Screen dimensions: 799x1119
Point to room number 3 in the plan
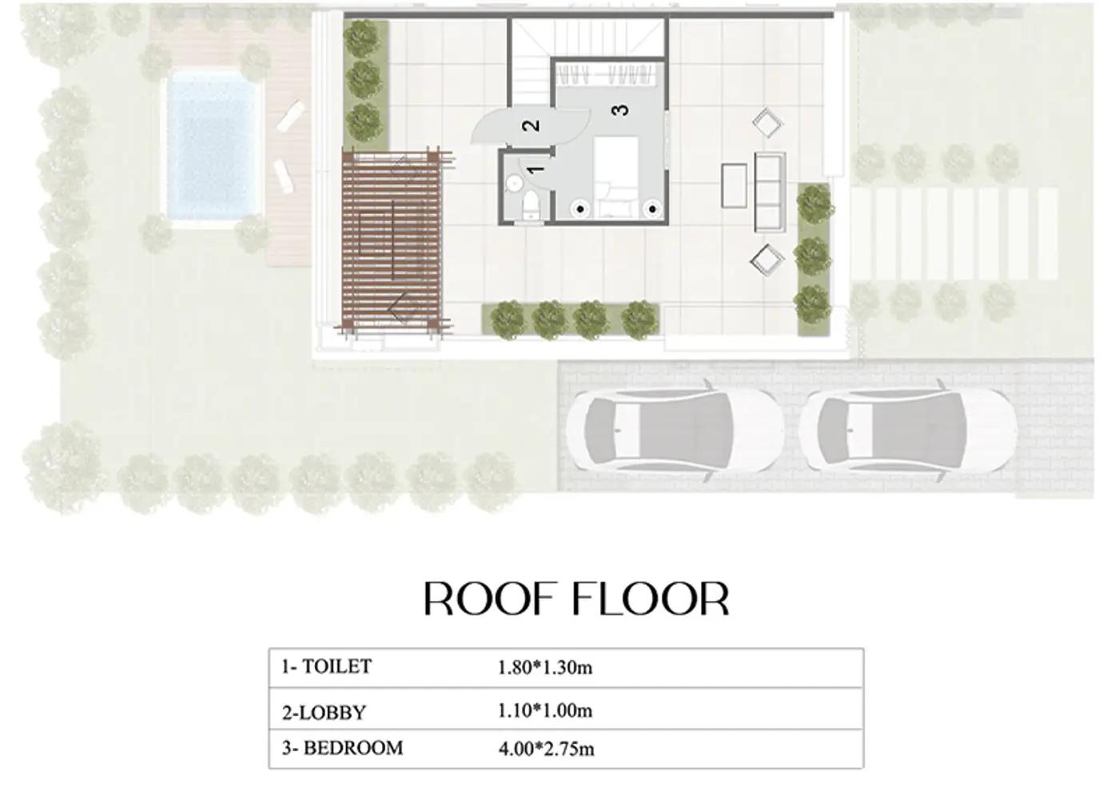(x=620, y=110)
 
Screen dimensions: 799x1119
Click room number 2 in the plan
(x=531, y=125)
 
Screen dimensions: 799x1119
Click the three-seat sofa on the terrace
(x=770, y=192)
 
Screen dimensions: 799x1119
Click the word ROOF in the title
(x=487, y=599)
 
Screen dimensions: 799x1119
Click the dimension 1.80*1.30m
(x=544, y=668)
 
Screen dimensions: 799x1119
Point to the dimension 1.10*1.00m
(x=544, y=711)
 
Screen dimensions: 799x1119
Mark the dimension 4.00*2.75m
(x=545, y=749)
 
